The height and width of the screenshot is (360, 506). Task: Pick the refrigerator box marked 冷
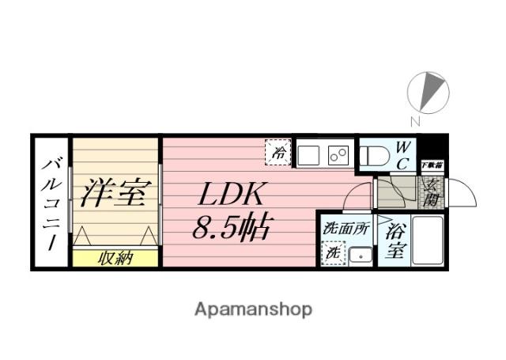point(279,153)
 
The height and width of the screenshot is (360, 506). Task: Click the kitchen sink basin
point(308,154)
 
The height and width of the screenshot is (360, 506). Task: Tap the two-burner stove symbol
point(339,154)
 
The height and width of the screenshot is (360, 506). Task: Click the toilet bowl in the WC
point(371,156)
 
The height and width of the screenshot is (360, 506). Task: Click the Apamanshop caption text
point(253,309)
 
